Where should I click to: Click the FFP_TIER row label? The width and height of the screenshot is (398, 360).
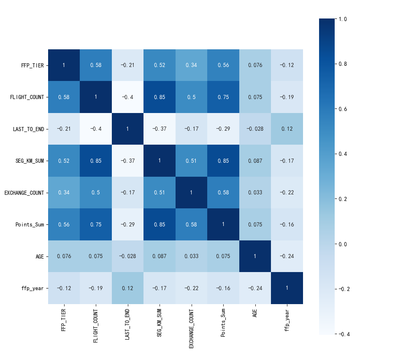coord(32,65)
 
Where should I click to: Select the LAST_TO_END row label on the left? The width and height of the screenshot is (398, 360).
coord(29,129)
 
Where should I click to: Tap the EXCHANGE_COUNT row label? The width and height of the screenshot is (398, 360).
coord(24,193)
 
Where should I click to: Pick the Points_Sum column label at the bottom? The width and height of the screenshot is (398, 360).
coord(223,323)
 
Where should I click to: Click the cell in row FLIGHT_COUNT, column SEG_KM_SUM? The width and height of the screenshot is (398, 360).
coord(160,97)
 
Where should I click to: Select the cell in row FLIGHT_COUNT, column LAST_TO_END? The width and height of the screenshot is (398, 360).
coord(127,97)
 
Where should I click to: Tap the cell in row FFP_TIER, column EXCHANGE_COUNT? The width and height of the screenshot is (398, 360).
coord(191,65)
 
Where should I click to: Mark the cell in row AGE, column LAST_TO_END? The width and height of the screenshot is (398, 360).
coord(127,256)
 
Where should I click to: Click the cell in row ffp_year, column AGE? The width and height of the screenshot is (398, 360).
coord(255,288)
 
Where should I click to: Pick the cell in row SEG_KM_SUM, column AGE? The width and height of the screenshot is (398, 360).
coord(255,161)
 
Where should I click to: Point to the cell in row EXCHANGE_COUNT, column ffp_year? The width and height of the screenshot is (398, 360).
coord(287,193)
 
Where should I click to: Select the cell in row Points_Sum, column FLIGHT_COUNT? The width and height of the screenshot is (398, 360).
coord(96,225)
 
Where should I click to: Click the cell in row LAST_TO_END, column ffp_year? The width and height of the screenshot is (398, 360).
coord(287,129)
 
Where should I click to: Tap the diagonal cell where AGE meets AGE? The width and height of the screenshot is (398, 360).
coord(255,256)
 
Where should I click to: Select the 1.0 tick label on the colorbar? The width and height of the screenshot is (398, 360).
coord(342,19)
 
